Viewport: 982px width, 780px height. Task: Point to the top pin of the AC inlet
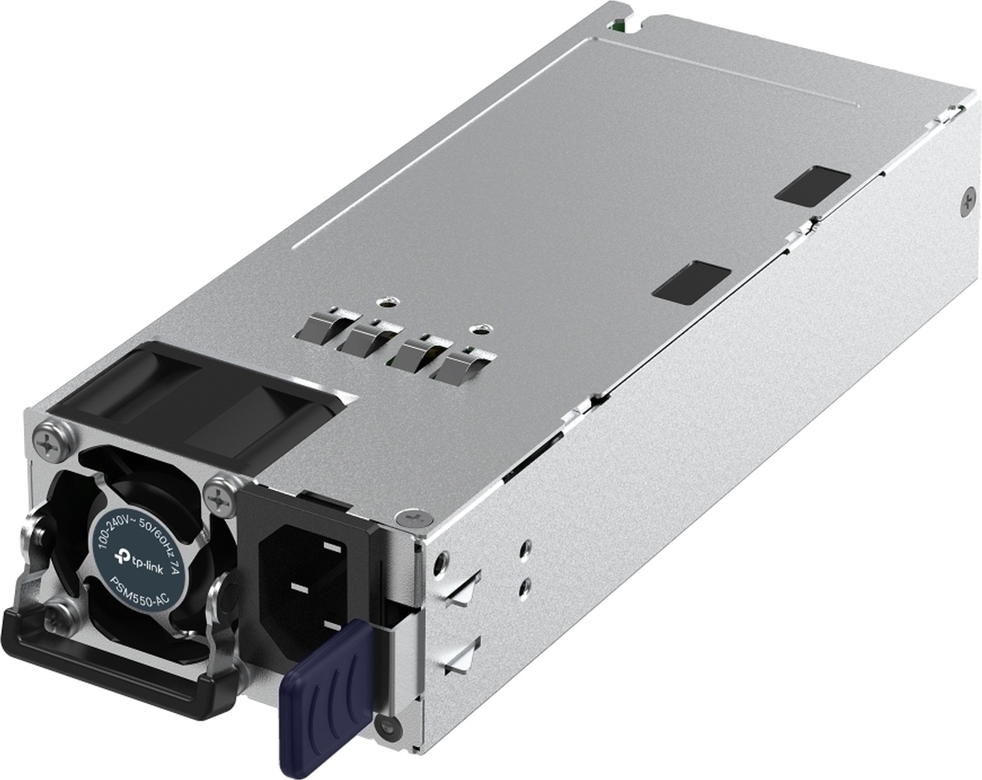point(331,546)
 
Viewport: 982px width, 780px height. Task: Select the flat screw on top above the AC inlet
point(413,519)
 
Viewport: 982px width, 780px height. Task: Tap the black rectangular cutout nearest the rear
point(813,183)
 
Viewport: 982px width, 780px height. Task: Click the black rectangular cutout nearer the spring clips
point(691,279)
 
